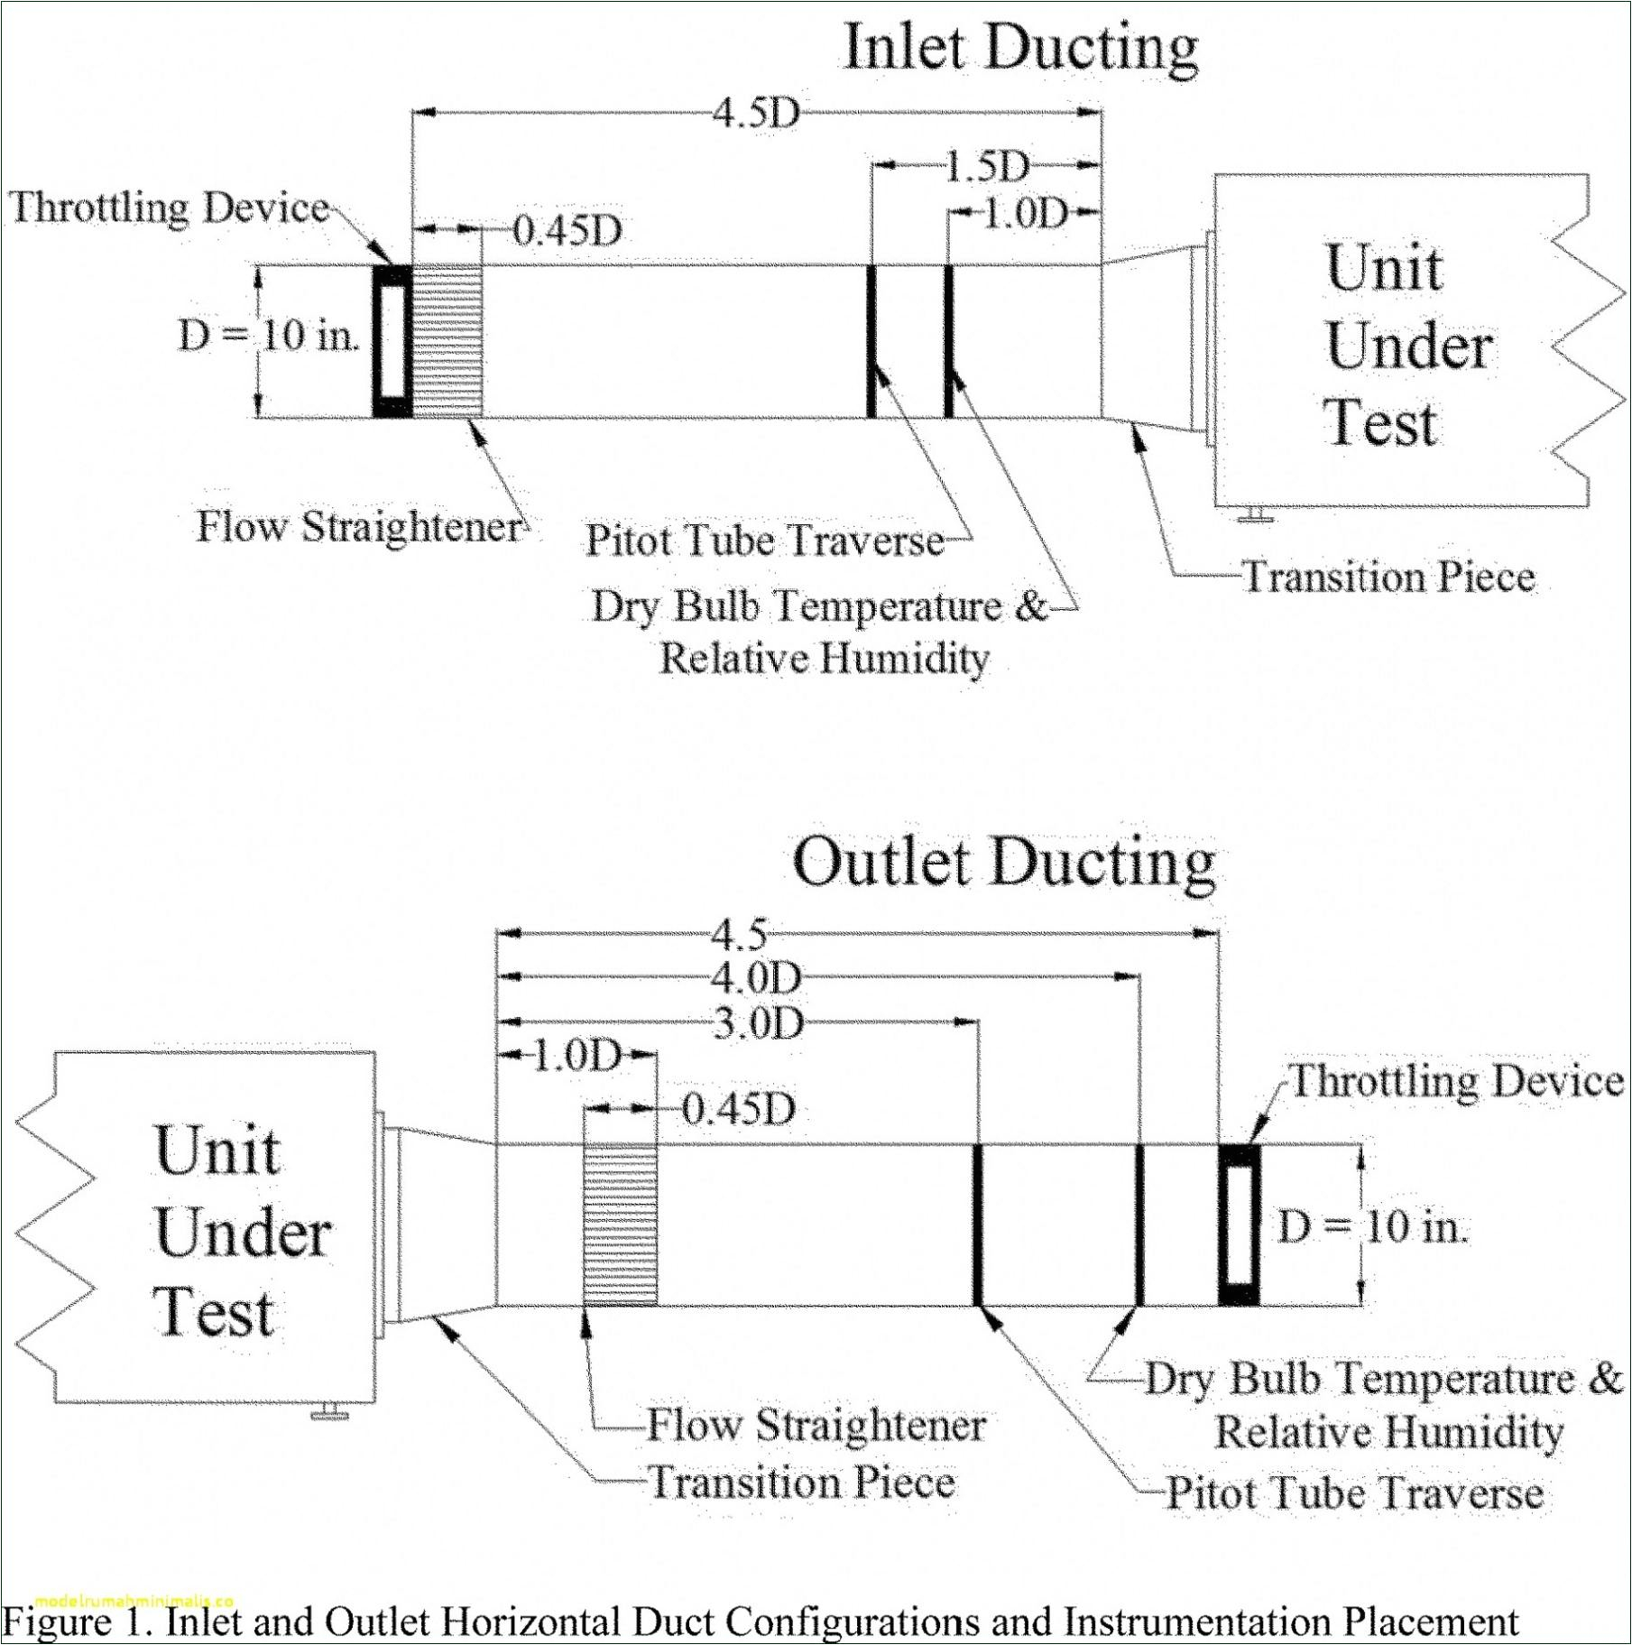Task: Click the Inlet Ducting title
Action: [x=1020, y=47]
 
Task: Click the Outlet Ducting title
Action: [x=1003, y=863]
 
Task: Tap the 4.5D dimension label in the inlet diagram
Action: [x=756, y=114]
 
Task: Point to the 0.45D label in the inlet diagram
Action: [x=567, y=232]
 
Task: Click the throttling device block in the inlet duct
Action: [x=392, y=341]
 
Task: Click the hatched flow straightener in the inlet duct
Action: [x=447, y=341]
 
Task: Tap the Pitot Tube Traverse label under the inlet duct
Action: [x=763, y=541]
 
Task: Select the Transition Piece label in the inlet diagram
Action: [x=1388, y=577]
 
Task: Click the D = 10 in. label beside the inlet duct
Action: [x=269, y=337]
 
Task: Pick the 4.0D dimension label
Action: [x=756, y=978]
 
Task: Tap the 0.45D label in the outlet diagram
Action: [x=738, y=1109]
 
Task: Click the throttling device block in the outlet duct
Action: [x=1239, y=1225]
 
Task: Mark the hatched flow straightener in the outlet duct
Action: [x=620, y=1225]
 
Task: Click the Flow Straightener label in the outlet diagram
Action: [x=816, y=1426]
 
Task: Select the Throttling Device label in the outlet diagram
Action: [x=1457, y=1081]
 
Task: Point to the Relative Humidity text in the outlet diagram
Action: [x=1388, y=1432]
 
